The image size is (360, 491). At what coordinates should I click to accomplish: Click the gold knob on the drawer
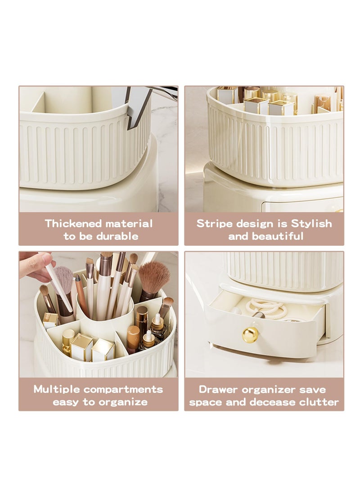coord(251,334)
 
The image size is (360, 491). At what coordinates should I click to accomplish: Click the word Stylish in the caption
coord(311,224)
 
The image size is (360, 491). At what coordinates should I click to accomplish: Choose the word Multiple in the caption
coord(56,389)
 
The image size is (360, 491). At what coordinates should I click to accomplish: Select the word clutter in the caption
coord(319,402)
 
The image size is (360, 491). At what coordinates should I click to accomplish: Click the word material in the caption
coord(128,224)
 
